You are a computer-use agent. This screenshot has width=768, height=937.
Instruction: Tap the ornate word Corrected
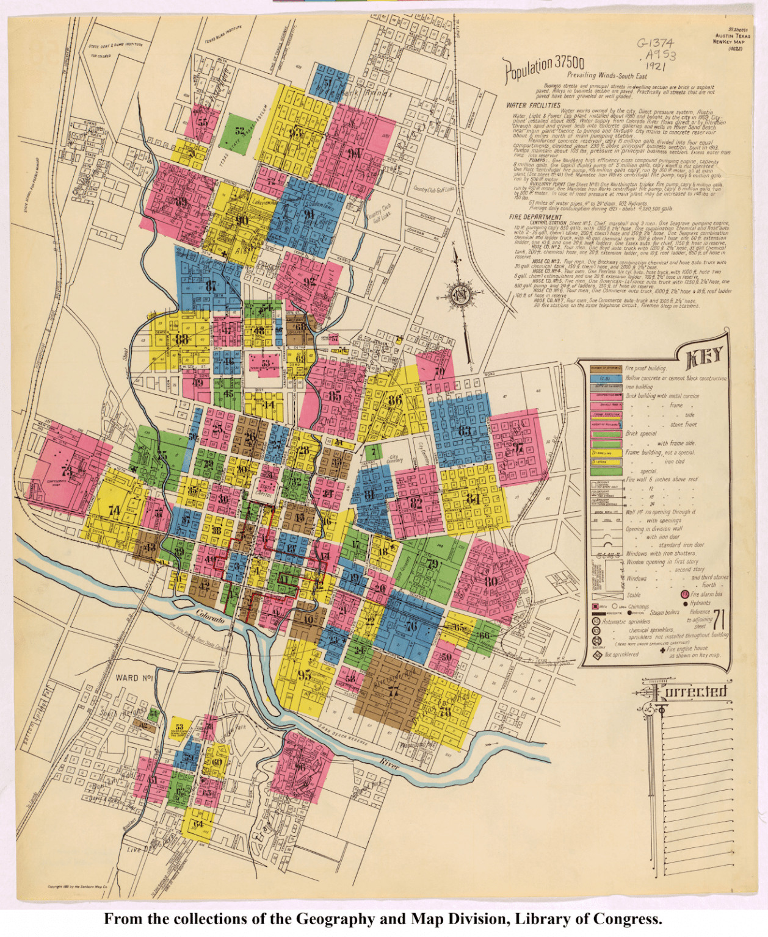(690, 691)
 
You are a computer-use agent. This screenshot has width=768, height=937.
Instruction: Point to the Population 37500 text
(543, 68)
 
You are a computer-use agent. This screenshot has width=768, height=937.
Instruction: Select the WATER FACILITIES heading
(533, 105)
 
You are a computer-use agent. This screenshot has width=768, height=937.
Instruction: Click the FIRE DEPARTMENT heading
(535, 217)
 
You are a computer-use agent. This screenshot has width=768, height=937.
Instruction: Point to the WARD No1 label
(134, 678)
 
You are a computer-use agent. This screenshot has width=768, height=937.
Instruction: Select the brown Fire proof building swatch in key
(606, 368)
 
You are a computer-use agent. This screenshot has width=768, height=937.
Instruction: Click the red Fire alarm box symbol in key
(684, 594)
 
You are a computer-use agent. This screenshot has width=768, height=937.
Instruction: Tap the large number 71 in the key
(719, 620)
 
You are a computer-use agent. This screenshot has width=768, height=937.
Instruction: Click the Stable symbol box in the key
(606, 595)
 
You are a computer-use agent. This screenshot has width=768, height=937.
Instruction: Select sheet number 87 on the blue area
(211, 285)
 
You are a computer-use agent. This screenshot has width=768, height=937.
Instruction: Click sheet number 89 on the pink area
(181, 202)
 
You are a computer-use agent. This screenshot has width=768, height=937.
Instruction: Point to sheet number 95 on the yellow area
(303, 675)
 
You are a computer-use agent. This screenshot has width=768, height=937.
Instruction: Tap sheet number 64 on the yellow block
(198, 824)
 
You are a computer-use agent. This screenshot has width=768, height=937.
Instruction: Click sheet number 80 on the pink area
(490, 581)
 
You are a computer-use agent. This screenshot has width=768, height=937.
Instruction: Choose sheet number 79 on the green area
(433, 564)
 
